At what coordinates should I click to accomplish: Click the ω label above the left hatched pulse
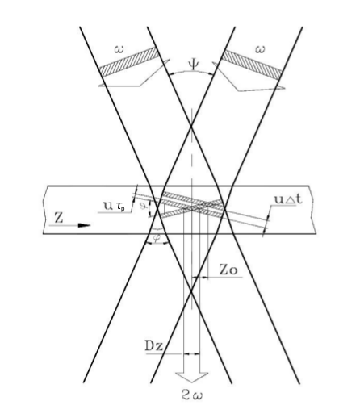(119, 49)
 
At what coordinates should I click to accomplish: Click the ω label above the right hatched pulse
(259, 49)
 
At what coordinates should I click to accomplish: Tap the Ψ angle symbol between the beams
(194, 65)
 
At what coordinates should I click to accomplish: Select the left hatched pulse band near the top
(128, 61)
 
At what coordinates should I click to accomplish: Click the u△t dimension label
(288, 199)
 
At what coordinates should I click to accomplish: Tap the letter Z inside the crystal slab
(59, 218)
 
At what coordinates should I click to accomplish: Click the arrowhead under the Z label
(84, 225)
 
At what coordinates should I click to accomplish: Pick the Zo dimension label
(228, 270)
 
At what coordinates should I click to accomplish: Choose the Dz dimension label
(154, 346)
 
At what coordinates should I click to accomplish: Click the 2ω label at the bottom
(191, 395)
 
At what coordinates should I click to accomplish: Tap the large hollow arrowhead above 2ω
(191, 377)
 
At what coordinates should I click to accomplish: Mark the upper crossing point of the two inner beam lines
(191, 126)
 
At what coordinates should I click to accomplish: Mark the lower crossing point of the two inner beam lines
(191, 291)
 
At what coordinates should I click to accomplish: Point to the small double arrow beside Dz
(191, 353)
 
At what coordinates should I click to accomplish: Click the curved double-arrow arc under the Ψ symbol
(191, 72)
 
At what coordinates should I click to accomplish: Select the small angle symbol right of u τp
(144, 207)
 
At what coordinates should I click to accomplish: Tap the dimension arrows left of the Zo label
(199, 277)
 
